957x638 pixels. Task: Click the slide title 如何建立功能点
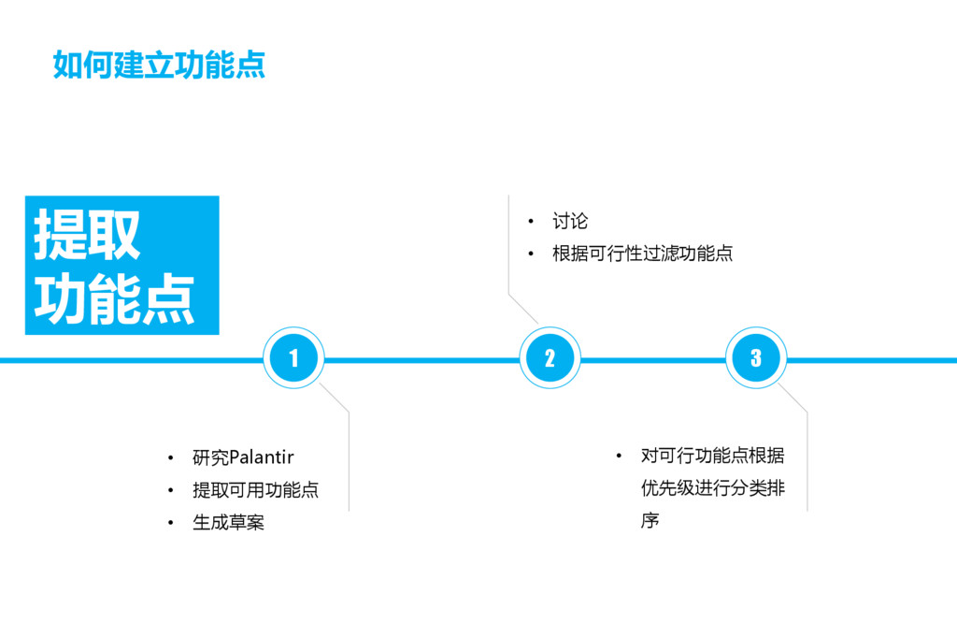159,65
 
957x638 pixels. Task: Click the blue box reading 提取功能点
121,266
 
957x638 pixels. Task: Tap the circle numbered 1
293,358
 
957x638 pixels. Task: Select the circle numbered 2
550,358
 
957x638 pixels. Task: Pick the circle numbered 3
756,358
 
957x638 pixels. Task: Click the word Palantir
262,457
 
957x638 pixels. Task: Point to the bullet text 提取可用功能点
255,490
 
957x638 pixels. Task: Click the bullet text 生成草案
228,522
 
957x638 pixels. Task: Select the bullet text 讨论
570,222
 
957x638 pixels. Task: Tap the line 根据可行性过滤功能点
642,254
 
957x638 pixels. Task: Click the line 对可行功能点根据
712,456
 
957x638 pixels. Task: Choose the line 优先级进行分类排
712,488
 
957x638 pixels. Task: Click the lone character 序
650,520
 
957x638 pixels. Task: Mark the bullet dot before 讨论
530,222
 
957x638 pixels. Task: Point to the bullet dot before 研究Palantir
170,458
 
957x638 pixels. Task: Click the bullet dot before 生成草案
170,523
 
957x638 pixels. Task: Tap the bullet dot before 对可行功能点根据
619,456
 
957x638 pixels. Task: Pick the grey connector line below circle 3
807,458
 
